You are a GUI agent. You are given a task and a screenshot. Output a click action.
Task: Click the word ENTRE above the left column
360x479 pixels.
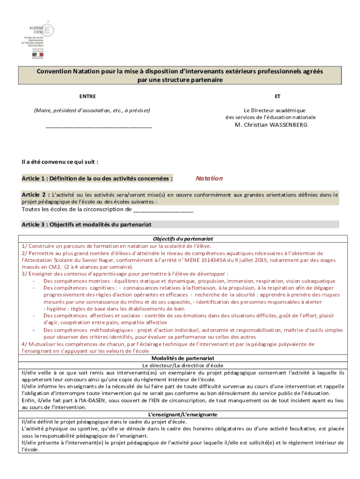coord(87,96)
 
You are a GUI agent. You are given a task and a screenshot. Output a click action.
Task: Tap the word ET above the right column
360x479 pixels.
coord(278,96)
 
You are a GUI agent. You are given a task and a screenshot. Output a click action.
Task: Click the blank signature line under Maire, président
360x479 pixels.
coord(99,126)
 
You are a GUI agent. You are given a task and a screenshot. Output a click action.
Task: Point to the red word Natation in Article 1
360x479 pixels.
coord(209,178)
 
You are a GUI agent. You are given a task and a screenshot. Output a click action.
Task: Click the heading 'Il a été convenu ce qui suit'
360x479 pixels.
coord(60,162)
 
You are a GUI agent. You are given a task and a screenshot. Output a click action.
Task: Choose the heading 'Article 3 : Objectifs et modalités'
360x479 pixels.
coord(86,225)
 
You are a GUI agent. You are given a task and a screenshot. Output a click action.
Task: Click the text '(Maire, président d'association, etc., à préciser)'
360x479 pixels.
coord(92,110)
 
